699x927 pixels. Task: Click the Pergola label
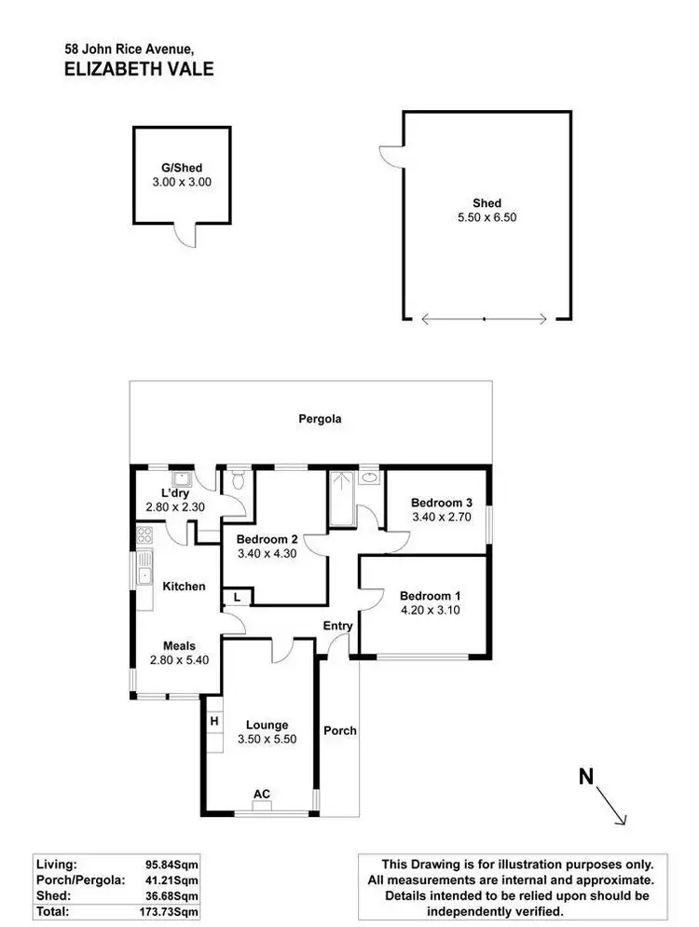click(x=320, y=419)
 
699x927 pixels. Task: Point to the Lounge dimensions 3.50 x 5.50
click(x=267, y=740)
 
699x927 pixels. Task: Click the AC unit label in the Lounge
click(x=262, y=794)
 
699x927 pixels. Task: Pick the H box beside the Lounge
click(x=213, y=720)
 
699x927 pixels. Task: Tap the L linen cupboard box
click(x=237, y=597)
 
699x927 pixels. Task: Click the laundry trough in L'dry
click(x=185, y=479)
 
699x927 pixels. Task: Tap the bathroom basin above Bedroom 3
click(x=370, y=477)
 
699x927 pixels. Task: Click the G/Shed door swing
click(x=189, y=236)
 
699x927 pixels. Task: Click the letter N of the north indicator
click(x=586, y=776)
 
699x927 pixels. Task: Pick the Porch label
click(x=340, y=730)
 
